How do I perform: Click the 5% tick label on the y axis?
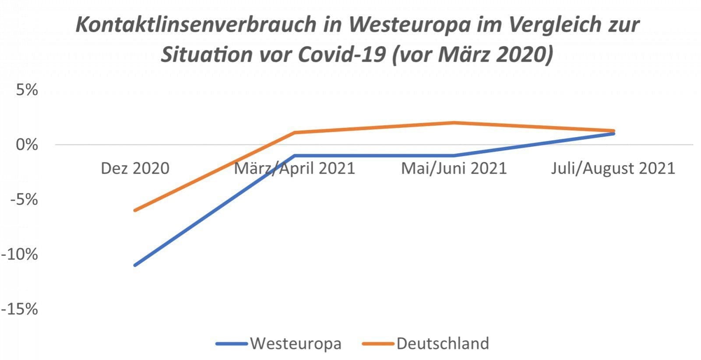(27, 90)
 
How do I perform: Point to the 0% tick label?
(27, 145)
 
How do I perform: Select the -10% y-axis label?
(20, 254)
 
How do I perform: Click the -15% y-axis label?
(20, 310)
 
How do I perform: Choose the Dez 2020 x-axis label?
(135, 169)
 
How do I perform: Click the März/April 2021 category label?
(294, 169)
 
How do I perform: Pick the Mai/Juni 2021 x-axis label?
(454, 169)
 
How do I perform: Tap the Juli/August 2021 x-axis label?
(613, 169)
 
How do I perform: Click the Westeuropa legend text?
(296, 343)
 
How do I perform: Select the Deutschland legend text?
(443, 343)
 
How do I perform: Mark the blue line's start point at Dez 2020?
(135, 265)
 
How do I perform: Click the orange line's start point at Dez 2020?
(135, 210)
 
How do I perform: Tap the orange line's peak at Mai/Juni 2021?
(454, 123)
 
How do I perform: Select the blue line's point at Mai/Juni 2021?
(454, 155)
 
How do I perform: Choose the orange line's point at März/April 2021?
(294, 132)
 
